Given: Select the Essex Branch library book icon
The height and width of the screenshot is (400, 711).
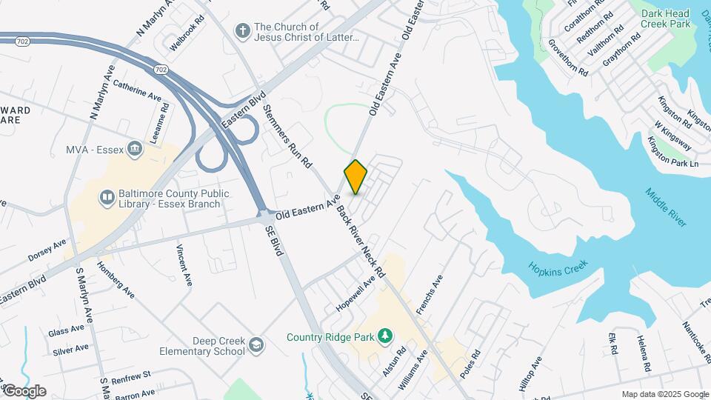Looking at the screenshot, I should pyautogui.click(x=107, y=197).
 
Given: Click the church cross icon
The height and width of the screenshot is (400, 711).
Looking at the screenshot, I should pyautogui.click(x=241, y=31).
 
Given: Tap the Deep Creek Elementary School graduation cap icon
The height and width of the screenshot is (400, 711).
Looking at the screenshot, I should pyautogui.click(x=255, y=345).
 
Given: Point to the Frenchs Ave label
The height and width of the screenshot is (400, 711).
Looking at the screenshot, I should pyautogui.click(x=429, y=296).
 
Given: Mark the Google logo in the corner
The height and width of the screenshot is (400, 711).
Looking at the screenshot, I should pyautogui.click(x=24, y=390).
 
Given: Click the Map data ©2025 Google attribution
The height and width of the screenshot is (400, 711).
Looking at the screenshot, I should pyautogui.click(x=664, y=394).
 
